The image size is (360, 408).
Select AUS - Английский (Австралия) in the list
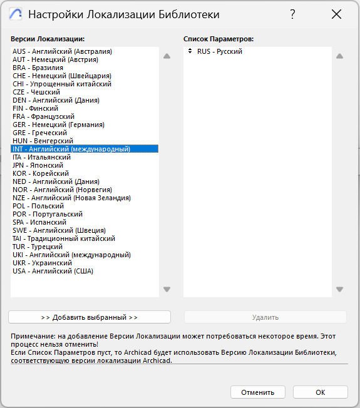[62, 51]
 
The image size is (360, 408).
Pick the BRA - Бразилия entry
[38, 68]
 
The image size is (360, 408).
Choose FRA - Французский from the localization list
[43, 116]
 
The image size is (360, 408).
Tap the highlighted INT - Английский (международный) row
[71, 149]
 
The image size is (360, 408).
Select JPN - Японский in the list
[38, 165]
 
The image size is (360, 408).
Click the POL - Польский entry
[38, 206]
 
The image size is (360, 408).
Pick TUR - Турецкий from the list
[38, 247]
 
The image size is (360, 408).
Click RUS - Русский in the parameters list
[219, 51]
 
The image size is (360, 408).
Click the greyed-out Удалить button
[265, 317]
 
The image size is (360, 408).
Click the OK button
[320, 392]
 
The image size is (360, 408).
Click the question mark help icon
[292, 14]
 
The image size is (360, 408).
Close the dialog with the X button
[336, 14]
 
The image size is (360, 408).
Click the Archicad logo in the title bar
[16, 14]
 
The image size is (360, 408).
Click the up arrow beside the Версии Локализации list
[167, 56]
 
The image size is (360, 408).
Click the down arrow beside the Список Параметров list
[339, 289]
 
